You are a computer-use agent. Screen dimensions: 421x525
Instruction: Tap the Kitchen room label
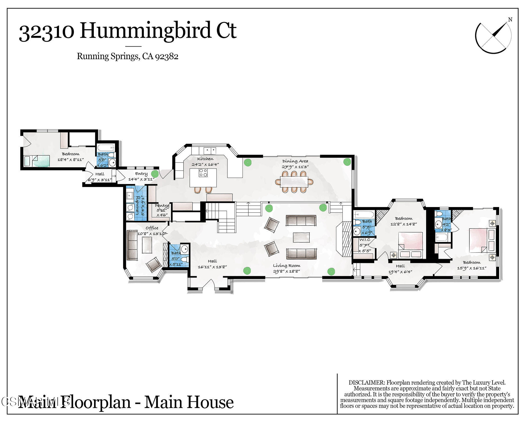[x=205, y=159]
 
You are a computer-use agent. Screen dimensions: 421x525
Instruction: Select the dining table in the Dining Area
[x=294, y=182]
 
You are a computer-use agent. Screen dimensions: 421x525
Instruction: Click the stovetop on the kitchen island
[x=203, y=172]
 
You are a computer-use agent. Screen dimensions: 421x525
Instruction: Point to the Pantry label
[x=162, y=206]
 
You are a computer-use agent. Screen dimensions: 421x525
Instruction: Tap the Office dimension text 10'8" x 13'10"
[x=152, y=233]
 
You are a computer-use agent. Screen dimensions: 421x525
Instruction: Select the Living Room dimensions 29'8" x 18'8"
[x=286, y=271]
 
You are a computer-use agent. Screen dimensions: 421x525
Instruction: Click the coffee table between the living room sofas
[x=301, y=237]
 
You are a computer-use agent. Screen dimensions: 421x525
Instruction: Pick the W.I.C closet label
[x=365, y=240]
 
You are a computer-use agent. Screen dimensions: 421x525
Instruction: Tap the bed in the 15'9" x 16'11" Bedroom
[x=478, y=240]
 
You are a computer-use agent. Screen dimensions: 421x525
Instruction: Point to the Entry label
[x=141, y=174]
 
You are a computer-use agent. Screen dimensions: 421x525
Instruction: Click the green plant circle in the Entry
[x=155, y=174]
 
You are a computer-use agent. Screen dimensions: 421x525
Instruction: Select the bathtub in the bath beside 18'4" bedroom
[x=105, y=148]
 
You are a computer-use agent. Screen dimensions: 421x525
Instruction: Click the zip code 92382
[x=167, y=56]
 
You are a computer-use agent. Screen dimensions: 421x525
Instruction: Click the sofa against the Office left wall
[x=132, y=245]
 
